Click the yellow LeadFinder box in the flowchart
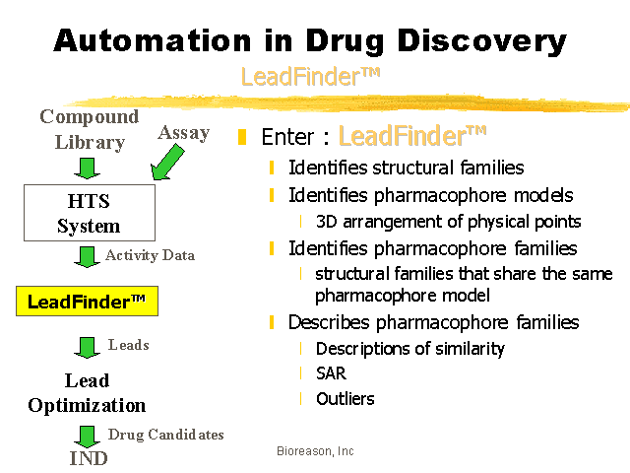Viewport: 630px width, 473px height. (x=88, y=302)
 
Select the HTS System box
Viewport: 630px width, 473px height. (x=90, y=213)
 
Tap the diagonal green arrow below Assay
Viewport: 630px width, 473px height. (x=166, y=162)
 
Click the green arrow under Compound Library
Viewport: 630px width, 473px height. (x=87, y=169)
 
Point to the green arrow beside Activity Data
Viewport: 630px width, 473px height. (x=87, y=257)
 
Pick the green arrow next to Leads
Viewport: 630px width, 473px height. (x=87, y=348)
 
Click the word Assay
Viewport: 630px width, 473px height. (x=184, y=133)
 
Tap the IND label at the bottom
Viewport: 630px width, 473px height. (x=89, y=458)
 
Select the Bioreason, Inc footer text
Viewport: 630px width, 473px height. (x=315, y=451)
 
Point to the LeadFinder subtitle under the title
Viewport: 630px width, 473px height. (x=310, y=77)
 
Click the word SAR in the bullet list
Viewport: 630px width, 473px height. (x=331, y=373)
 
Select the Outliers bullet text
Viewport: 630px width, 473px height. (x=346, y=399)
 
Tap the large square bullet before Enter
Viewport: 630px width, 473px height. (x=242, y=137)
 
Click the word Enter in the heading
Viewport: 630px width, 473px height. (x=287, y=137)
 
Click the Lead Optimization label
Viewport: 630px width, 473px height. (x=87, y=393)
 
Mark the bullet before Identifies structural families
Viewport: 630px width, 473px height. (x=272, y=168)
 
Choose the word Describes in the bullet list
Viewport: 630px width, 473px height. (x=329, y=322)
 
